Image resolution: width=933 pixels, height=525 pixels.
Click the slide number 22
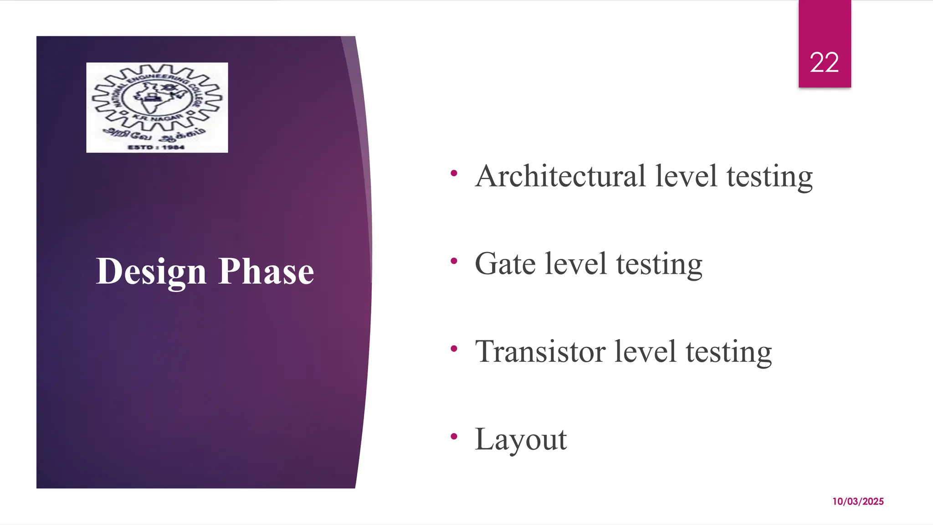[x=824, y=62]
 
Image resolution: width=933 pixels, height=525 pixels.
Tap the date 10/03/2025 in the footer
[x=858, y=501]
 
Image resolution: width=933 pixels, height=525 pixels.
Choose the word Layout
[x=521, y=439]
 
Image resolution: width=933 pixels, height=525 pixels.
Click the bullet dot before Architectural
[x=453, y=173]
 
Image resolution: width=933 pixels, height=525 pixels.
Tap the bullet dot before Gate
[x=453, y=261]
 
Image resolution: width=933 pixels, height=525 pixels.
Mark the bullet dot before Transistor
[x=453, y=349]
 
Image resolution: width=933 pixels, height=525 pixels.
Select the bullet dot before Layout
[x=453, y=437]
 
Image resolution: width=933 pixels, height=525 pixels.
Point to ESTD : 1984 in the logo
[x=156, y=147]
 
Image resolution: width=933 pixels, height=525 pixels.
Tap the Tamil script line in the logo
[x=156, y=134]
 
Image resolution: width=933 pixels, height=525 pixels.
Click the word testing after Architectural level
[x=769, y=177]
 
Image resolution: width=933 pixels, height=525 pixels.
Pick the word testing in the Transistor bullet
[x=728, y=352]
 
